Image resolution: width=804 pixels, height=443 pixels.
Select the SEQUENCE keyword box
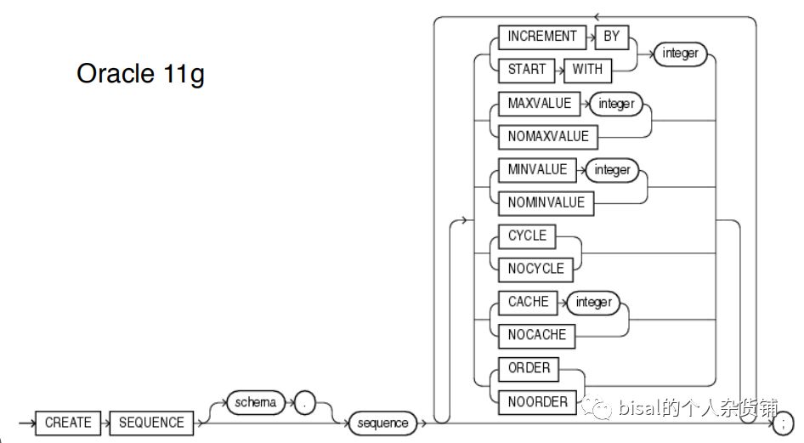click(150, 423)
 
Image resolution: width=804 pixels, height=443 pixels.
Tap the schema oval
click(256, 403)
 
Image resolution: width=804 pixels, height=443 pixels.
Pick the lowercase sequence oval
click(383, 423)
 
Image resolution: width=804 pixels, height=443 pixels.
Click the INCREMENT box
click(542, 37)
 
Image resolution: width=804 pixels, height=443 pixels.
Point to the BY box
click(611, 37)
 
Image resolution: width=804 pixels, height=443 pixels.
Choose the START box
click(527, 70)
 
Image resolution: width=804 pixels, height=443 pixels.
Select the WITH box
click(587, 70)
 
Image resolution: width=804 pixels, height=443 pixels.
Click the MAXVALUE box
click(540, 103)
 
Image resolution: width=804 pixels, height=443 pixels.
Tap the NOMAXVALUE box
click(548, 136)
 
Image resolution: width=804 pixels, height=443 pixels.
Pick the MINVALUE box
click(537, 169)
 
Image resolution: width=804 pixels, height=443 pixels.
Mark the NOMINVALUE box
click(546, 202)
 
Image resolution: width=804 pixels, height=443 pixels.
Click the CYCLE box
click(527, 236)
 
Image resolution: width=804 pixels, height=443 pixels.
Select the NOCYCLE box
click(535, 269)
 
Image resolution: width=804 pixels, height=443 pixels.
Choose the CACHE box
click(529, 302)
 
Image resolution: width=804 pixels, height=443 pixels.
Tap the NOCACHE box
click(537, 335)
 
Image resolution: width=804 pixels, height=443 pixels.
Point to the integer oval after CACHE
click(593, 302)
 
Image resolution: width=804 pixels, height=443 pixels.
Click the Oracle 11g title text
click(140, 74)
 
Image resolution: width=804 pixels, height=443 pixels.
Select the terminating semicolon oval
click(782, 423)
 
